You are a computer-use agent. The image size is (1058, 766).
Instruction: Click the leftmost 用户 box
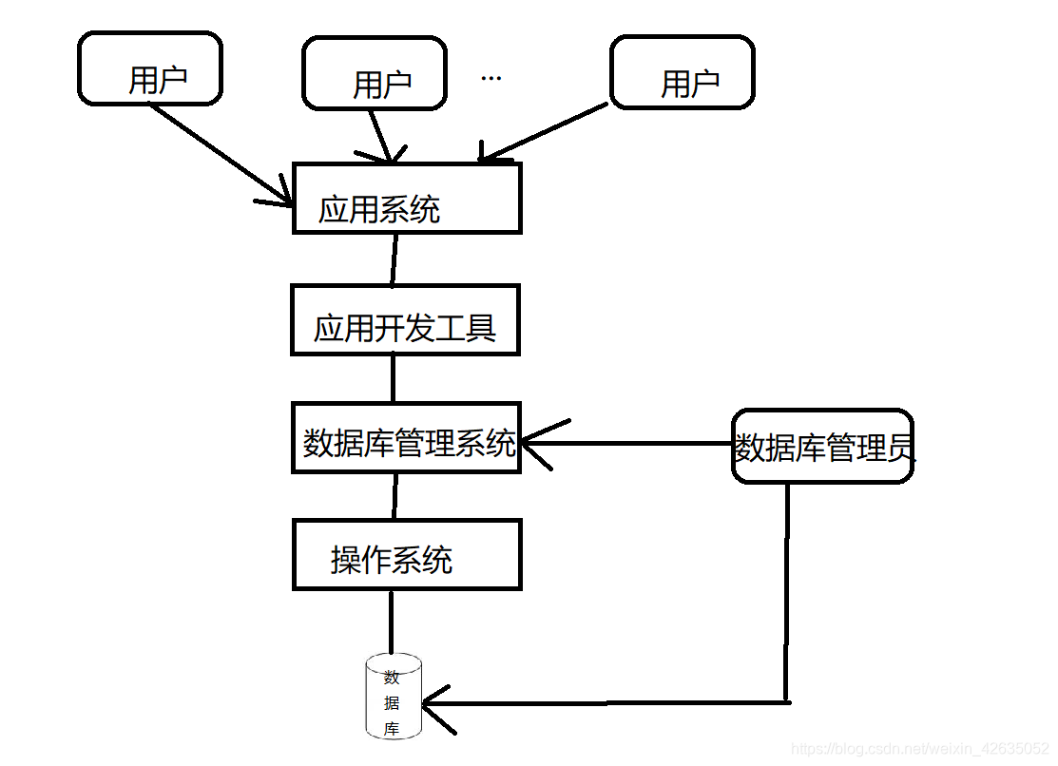click(x=150, y=68)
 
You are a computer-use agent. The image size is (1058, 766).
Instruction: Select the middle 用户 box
click(x=374, y=73)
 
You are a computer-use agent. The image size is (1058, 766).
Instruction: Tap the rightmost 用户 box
click(x=682, y=73)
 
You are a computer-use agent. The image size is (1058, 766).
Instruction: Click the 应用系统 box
click(x=407, y=199)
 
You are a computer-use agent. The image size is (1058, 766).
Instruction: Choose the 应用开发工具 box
click(x=406, y=320)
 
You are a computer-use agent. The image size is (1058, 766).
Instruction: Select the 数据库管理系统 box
click(x=407, y=437)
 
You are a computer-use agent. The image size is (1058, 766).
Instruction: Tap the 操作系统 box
click(x=407, y=555)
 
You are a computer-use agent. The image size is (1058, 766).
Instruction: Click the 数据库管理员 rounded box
click(x=822, y=447)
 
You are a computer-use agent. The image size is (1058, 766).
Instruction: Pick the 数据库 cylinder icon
click(x=393, y=698)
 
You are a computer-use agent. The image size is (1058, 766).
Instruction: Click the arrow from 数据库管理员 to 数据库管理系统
click(x=627, y=443)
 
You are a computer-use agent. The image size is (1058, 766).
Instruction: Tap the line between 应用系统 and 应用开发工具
click(x=394, y=259)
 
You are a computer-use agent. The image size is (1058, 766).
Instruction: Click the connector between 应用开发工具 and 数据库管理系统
click(x=393, y=378)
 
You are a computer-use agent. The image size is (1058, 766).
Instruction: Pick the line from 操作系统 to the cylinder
click(x=391, y=621)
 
